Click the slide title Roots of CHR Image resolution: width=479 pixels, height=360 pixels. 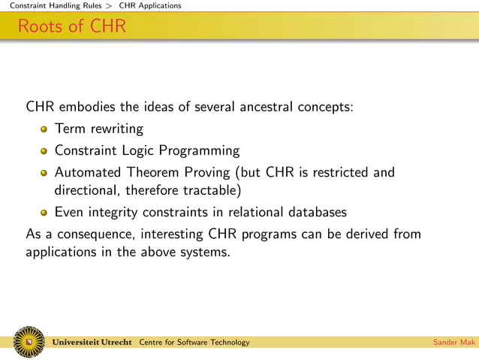pyautogui.click(x=72, y=27)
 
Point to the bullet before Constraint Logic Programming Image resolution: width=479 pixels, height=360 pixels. pyautogui.click(x=45, y=151)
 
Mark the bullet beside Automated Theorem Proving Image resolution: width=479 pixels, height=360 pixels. pyautogui.click(x=45, y=173)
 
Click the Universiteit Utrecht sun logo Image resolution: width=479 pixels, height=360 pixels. pyautogui.click(x=29, y=342)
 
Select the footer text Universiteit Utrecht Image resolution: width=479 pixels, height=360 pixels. pyautogui.click(x=93, y=343)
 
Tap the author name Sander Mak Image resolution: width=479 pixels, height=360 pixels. pyautogui.click(x=454, y=343)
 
